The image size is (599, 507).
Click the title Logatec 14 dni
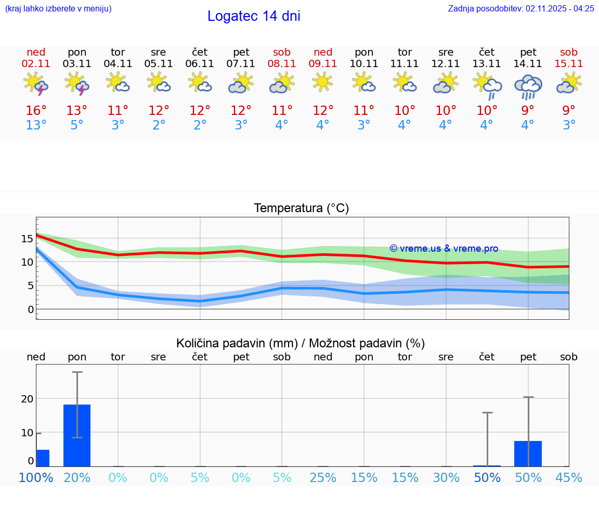pyautogui.click(x=254, y=16)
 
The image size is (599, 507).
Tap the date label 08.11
pyautogui.click(x=282, y=63)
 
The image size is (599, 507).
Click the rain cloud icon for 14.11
pyautogui.click(x=528, y=86)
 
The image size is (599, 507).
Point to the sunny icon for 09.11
pyautogui.click(x=322, y=82)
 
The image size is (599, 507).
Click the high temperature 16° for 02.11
pyautogui.click(x=36, y=111)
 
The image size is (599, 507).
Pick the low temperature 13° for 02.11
pyautogui.click(x=36, y=125)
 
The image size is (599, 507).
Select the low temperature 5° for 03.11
pyautogui.click(x=77, y=125)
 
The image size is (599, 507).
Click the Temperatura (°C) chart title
pyautogui.click(x=301, y=209)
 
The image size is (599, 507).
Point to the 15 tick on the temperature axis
pyautogui.click(x=27, y=239)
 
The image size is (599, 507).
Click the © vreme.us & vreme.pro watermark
pyautogui.click(x=444, y=249)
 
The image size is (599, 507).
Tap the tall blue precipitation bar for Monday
pyautogui.click(x=77, y=435)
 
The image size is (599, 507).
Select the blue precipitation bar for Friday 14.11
pyautogui.click(x=528, y=453)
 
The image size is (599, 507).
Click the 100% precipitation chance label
pyautogui.click(x=36, y=477)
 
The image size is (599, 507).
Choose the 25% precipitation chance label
pyautogui.click(x=323, y=477)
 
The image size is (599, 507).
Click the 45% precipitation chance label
pyautogui.click(x=569, y=477)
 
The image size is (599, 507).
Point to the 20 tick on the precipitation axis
pyautogui.click(x=27, y=399)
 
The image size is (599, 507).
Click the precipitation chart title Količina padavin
pyautogui.click(x=301, y=343)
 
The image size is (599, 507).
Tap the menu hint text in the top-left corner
pyautogui.click(x=58, y=8)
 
